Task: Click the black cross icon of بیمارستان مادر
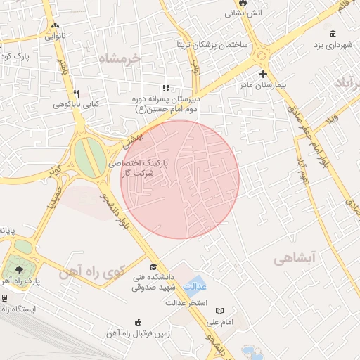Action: coord(263,73)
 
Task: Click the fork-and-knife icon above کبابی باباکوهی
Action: coord(76,94)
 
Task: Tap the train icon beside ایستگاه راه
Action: coord(5,297)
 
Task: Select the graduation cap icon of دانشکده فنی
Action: coord(154,266)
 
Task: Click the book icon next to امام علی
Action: coord(220,311)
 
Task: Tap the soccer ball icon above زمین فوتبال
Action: coord(138,323)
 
